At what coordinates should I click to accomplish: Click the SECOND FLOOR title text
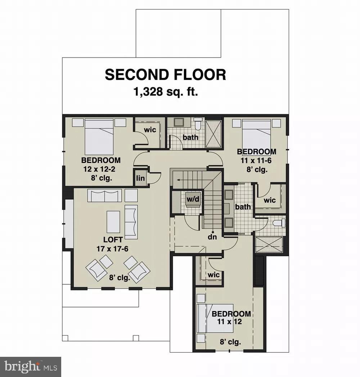165,75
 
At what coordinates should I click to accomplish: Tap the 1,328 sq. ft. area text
166,92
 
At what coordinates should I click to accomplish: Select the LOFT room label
113,239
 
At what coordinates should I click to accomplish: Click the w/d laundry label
193,199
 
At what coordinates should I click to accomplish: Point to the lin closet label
140,178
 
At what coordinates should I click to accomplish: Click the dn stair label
213,238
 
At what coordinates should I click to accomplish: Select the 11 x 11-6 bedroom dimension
256,161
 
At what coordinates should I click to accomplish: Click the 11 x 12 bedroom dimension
231,321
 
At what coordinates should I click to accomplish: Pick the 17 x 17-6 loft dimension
113,248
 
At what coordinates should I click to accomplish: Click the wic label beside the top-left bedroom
150,130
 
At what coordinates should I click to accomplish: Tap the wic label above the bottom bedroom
213,275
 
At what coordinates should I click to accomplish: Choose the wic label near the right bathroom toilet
270,200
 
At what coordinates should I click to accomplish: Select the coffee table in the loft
113,222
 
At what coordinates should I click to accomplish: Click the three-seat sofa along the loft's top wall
105,196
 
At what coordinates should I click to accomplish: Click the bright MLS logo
31,367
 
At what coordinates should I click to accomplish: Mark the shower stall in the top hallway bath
213,134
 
